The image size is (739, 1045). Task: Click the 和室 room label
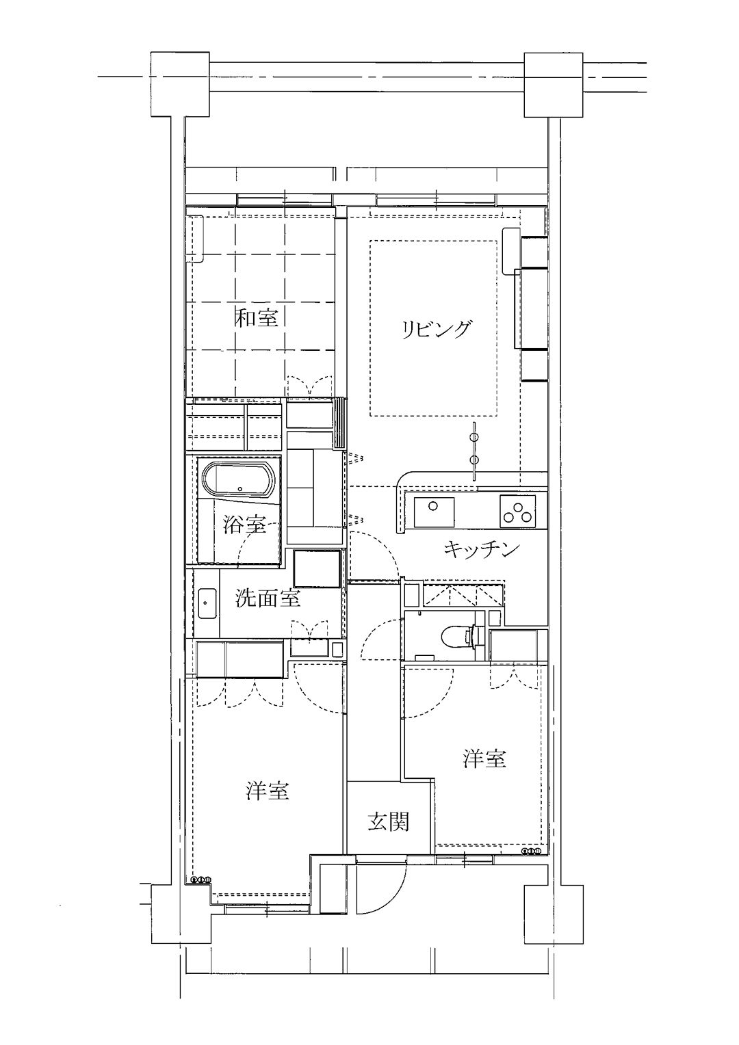pos(257,319)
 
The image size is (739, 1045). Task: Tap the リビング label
pos(436,330)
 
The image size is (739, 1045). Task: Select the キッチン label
pos(481,549)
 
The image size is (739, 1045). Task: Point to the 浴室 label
pos(244,525)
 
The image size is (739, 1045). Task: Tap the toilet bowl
pos(458,635)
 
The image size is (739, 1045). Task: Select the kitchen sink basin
pos(434,511)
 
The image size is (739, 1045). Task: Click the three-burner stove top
pos(517,511)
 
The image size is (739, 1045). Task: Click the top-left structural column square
pos(180,84)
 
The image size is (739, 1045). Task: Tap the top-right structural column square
pos(554,84)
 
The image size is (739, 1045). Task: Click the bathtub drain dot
pos(240,489)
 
